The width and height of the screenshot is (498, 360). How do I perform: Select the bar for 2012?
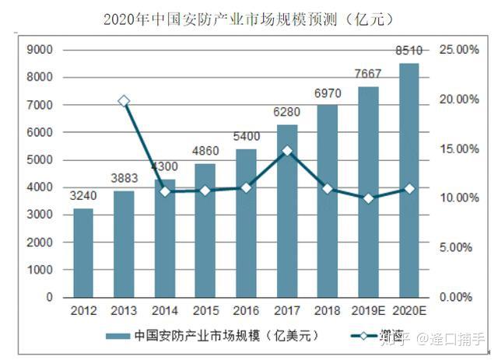tap(83, 253)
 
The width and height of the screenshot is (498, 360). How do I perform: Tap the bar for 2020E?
tap(409, 180)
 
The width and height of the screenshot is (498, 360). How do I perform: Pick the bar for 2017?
tap(287, 211)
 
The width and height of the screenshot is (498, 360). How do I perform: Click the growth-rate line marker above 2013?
tap(124, 101)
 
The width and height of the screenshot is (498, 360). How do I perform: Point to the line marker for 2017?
tap(287, 151)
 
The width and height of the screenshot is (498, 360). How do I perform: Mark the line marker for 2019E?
tap(368, 198)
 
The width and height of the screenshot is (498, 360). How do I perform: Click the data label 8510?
tap(409, 51)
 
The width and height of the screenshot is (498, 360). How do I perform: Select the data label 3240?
tap(83, 197)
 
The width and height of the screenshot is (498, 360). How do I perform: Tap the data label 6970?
tap(328, 94)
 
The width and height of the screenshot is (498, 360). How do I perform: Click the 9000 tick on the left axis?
tap(39, 50)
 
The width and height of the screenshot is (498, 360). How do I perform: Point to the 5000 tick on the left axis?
tap(39, 160)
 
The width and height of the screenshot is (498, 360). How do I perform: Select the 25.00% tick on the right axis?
tap(457, 50)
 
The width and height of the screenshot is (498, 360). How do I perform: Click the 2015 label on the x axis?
tap(205, 311)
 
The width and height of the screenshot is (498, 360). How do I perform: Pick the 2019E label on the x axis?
tap(368, 311)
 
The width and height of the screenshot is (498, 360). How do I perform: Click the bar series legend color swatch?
tap(117, 337)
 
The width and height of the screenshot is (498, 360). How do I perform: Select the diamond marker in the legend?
tap(363, 337)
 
